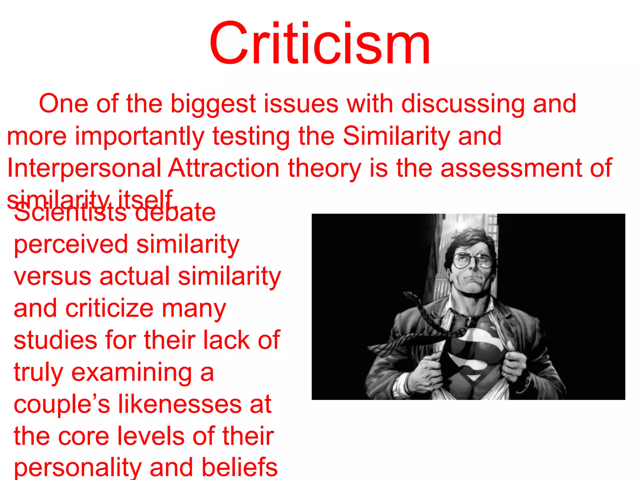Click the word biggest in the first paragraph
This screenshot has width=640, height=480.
[x=213, y=104]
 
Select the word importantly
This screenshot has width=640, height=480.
[x=139, y=136]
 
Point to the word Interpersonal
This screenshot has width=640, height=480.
[x=84, y=168]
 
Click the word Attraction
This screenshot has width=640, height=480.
[x=224, y=168]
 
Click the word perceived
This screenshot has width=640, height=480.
[x=71, y=244]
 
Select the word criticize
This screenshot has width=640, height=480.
[x=109, y=309]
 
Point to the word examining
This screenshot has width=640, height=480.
[x=132, y=372]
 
